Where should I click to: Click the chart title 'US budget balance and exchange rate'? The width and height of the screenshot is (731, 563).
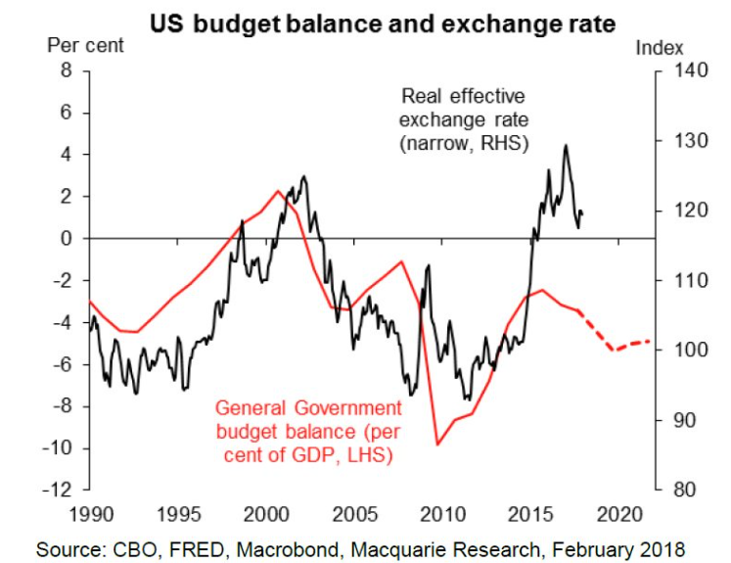(383, 24)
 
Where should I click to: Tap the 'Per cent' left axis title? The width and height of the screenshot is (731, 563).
(86, 46)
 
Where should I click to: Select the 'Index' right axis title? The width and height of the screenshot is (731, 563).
(660, 48)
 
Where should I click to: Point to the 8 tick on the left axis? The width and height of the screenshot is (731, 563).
(67, 70)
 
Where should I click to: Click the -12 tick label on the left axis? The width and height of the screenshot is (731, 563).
(58, 490)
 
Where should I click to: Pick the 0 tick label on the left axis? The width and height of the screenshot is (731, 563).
(67, 238)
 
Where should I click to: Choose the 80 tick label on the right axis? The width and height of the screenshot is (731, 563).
(685, 490)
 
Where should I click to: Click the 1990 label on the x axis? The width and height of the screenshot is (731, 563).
(91, 514)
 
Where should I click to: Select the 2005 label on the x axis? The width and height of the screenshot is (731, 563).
(355, 514)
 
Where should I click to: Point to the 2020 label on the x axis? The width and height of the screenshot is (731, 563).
(619, 514)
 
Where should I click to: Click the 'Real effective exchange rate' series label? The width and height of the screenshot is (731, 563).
(464, 119)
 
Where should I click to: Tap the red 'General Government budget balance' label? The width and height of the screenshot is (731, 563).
(308, 431)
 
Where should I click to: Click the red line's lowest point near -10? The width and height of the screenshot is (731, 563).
(437, 445)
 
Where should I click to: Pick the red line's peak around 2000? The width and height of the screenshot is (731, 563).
(278, 191)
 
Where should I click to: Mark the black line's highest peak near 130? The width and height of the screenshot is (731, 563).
(566, 145)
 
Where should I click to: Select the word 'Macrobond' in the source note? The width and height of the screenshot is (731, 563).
(288, 549)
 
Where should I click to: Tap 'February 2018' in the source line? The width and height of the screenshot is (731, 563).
(618, 549)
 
